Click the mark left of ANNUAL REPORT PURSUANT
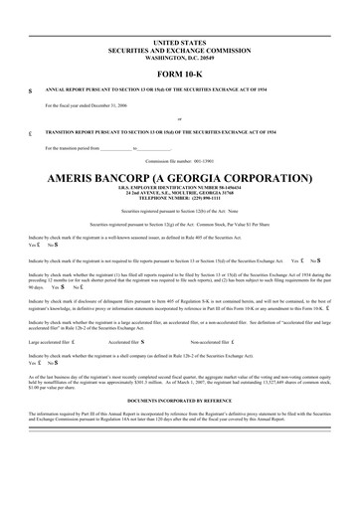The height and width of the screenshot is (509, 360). pyautogui.click(x=31, y=89)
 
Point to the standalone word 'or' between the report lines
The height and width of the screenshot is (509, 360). pyautogui.click(x=179, y=119)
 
